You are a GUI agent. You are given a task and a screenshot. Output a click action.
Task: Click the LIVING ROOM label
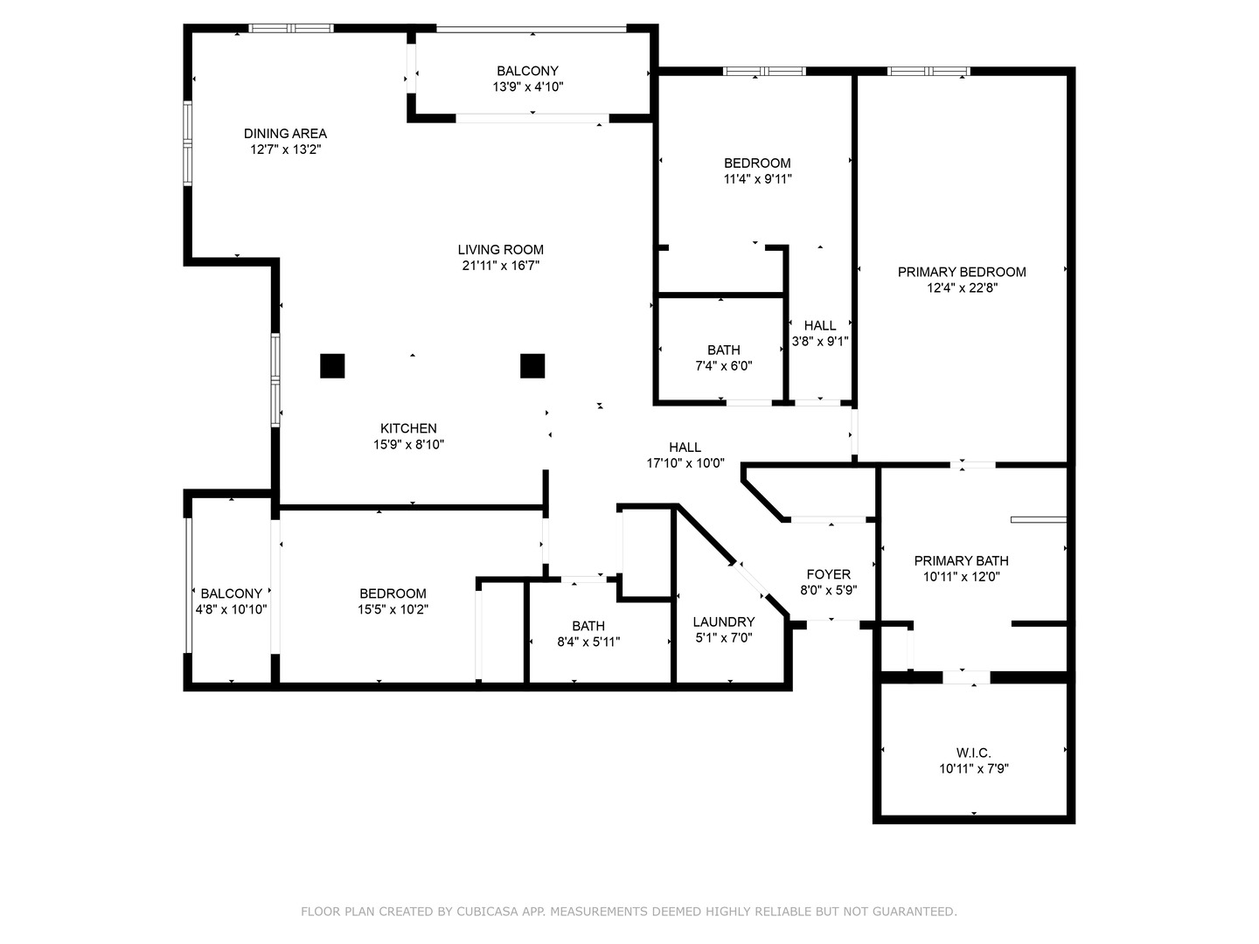[x=500, y=250]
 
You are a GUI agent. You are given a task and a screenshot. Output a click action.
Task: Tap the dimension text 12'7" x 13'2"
[x=285, y=149]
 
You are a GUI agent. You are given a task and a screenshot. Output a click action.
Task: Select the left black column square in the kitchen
[x=332, y=365]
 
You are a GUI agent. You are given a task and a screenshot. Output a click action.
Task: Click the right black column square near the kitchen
[x=532, y=365]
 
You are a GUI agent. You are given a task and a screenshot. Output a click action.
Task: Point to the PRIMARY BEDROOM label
[x=962, y=272]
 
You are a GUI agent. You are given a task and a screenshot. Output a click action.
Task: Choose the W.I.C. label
[x=973, y=753]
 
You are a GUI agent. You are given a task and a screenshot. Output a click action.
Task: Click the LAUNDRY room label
[x=723, y=622]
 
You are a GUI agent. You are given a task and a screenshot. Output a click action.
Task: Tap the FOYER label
[x=828, y=574]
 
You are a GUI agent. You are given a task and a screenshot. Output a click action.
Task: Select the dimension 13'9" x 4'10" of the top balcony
[x=527, y=87]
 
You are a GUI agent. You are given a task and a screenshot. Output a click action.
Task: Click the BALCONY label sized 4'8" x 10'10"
[x=231, y=593]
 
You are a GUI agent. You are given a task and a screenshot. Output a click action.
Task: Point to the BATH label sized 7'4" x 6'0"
[x=724, y=350]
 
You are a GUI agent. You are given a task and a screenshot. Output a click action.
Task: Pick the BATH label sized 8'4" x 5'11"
[x=588, y=626]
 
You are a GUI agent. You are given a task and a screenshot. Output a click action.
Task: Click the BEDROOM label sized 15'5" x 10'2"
[x=393, y=593]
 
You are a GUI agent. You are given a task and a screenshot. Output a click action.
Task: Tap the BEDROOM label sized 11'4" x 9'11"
[x=757, y=163]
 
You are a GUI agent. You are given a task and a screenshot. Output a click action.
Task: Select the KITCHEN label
[x=408, y=428]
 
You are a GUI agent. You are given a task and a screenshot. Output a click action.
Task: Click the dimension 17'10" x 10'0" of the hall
[x=685, y=463]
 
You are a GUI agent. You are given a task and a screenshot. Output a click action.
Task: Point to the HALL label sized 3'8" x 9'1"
[x=820, y=325]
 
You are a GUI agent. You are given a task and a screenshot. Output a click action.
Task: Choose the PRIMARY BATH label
[x=961, y=560]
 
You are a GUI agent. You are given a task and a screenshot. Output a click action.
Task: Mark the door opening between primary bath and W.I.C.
[x=966, y=677]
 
